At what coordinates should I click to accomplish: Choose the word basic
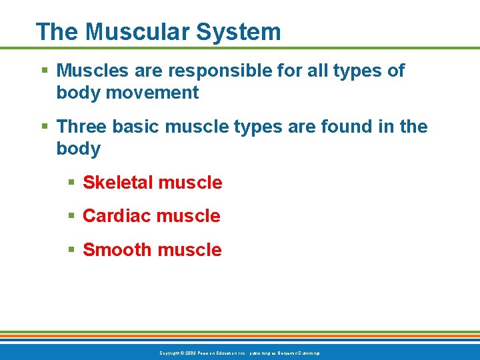point(137,126)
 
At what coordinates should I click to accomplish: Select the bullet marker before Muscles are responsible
point(45,71)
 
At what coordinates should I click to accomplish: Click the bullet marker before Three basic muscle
point(45,127)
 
